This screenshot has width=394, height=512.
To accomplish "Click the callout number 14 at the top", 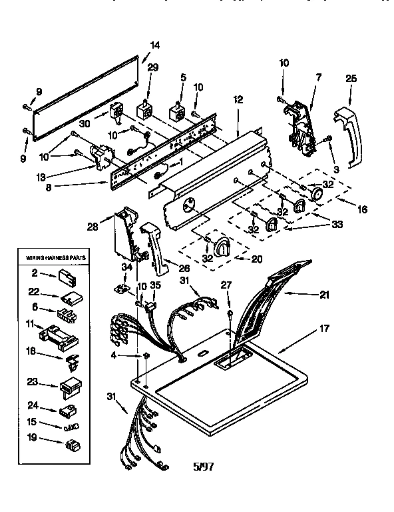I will pyautogui.click(x=155, y=45).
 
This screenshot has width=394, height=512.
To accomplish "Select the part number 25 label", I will pyautogui.click(x=351, y=79).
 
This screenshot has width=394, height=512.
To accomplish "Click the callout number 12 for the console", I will pyautogui.click(x=238, y=99).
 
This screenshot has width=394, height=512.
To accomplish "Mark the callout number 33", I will pyautogui.click(x=337, y=225).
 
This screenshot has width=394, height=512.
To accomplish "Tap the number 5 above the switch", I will pyautogui.click(x=182, y=79).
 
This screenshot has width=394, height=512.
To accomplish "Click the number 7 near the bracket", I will pyautogui.click(x=318, y=79).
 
